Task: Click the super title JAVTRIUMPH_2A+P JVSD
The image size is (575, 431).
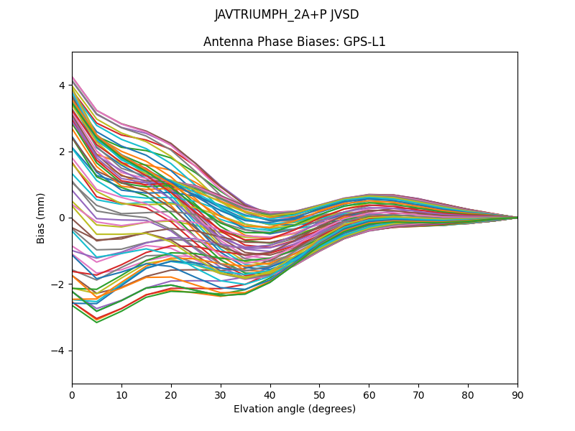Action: (287, 15)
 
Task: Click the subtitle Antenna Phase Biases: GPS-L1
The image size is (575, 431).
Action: (295, 42)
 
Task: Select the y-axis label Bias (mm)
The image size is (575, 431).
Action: (41, 218)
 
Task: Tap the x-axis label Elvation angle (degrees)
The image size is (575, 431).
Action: (295, 409)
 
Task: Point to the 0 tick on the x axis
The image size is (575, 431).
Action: (72, 394)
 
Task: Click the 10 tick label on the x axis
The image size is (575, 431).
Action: (121, 394)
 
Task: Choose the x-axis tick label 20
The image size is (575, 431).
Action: (171, 394)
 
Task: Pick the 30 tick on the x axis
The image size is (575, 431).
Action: (221, 394)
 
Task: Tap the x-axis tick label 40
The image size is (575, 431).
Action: (270, 394)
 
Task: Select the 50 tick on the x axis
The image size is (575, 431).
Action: (319, 394)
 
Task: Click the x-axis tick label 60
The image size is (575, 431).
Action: (369, 394)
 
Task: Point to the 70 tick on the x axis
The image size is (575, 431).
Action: (418, 394)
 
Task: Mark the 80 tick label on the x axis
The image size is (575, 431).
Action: (468, 394)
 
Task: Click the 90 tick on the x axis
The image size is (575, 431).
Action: (517, 394)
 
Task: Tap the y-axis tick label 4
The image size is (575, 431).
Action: (62, 85)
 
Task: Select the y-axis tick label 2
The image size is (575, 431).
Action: (62, 152)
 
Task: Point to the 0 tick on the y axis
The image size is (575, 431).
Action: (62, 218)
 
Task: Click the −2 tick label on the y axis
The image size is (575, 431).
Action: (59, 284)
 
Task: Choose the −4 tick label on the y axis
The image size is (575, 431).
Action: (59, 351)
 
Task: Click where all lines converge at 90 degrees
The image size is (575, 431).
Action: (517, 218)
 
